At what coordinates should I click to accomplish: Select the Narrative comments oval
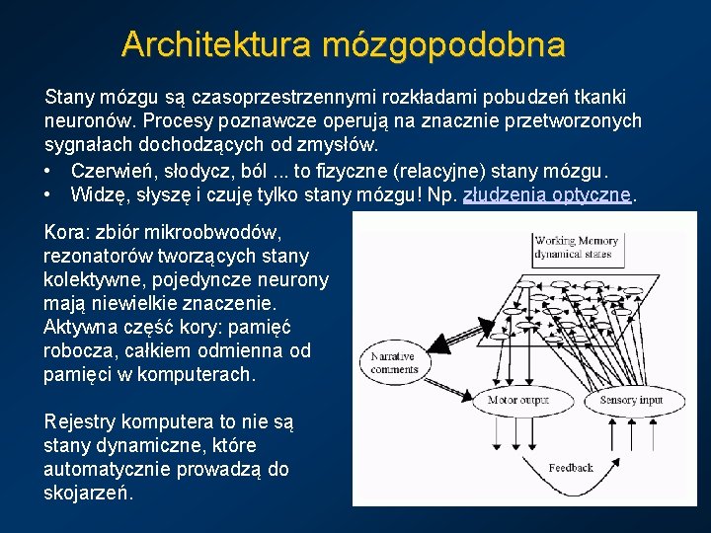(x=395, y=362)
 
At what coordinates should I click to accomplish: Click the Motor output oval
(x=517, y=400)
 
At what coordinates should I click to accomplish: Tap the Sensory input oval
(x=631, y=400)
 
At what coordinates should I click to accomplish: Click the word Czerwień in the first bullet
(x=110, y=170)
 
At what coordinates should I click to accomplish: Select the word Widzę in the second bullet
(x=96, y=195)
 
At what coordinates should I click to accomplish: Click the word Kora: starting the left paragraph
(x=66, y=233)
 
